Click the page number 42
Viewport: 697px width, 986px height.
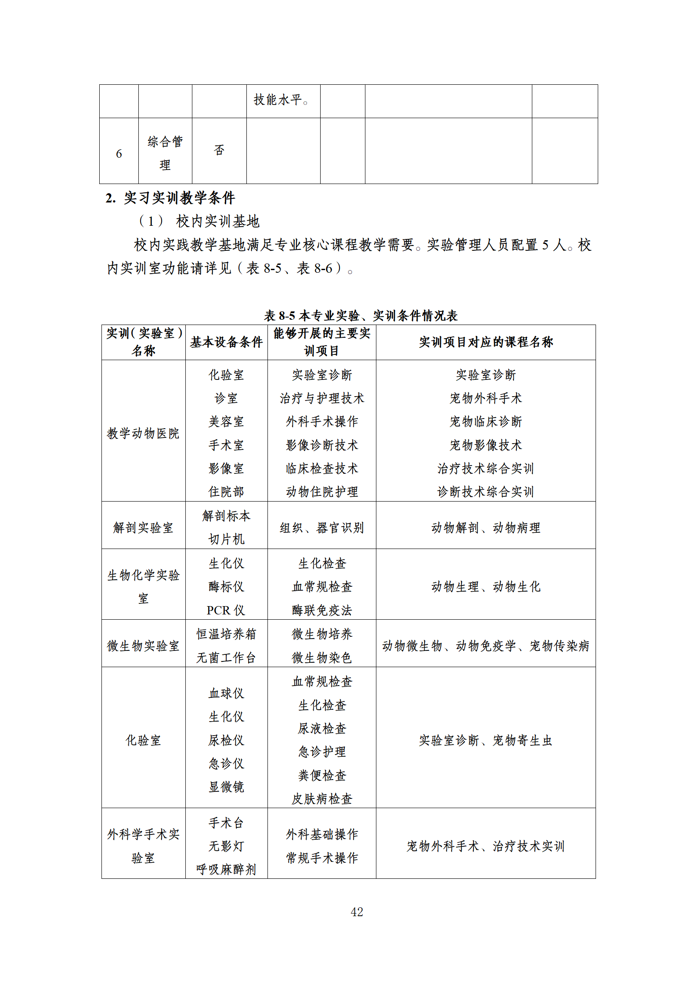(x=357, y=912)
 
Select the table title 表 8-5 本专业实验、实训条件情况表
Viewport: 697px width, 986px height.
(x=361, y=315)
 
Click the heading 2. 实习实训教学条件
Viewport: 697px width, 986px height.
(x=170, y=198)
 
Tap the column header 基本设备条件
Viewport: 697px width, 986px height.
(x=226, y=342)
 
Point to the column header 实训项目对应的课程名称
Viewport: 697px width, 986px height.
(x=485, y=342)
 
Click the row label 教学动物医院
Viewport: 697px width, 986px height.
(x=143, y=433)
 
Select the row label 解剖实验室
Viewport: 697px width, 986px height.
(x=143, y=527)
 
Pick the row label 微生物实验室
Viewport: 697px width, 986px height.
(x=143, y=646)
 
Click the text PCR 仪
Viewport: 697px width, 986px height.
(x=226, y=610)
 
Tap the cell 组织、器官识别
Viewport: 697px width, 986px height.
(x=322, y=527)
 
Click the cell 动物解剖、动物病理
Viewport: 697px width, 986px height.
(x=485, y=527)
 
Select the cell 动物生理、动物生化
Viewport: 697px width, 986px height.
(x=485, y=586)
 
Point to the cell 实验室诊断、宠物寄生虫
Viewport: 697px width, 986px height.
(x=485, y=740)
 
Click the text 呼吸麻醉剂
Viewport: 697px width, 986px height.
(x=226, y=869)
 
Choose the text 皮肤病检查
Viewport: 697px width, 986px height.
(x=322, y=799)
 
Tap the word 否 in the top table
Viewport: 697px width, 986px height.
(x=219, y=150)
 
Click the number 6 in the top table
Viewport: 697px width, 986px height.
(x=119, y=154)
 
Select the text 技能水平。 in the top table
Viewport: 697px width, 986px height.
(x=281, y=100)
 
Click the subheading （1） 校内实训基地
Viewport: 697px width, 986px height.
(x=199, y=221)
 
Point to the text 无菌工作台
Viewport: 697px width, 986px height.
(x=226, y=657)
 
